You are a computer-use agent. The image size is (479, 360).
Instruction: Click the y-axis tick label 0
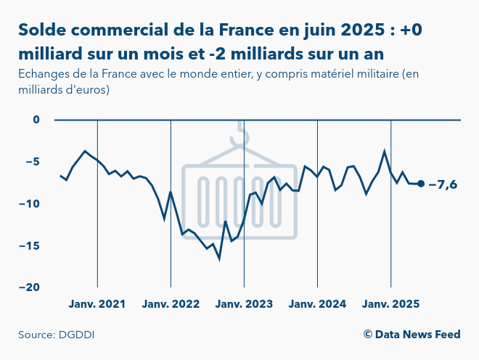click(37, 119)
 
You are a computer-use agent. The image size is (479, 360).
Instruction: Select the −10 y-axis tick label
click(32, 203)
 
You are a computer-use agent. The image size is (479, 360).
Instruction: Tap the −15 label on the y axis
click(32, 245)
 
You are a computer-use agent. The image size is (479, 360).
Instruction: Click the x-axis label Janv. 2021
click(97, 303)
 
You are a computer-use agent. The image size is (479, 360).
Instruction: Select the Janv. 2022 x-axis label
click(171, 303)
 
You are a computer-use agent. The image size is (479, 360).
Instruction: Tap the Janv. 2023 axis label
click(244, 303)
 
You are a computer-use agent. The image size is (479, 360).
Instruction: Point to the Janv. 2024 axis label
click(317, 303)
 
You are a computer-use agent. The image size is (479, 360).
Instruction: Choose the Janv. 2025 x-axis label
click(390, 303)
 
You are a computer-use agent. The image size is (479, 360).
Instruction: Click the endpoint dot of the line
click(421, 184)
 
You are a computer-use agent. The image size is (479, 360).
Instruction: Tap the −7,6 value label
click(443, 184)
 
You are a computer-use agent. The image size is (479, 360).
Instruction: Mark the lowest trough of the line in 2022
click(219, 258)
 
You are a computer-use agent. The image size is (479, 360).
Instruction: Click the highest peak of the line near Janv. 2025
click(385, 151)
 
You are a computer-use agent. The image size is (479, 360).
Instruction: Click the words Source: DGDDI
click(57, 335)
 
